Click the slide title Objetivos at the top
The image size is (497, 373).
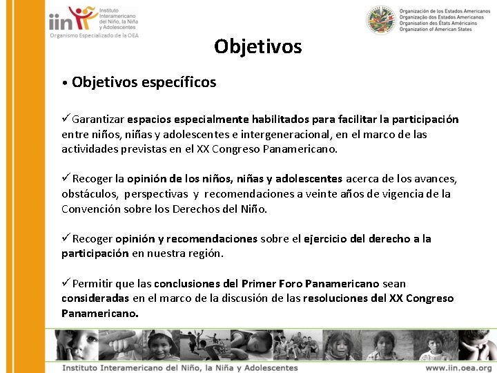pyautogui.click(x=257, y=47)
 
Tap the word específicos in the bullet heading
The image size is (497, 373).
pyautogui.click(x=178, y=83)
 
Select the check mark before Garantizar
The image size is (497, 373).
pyautogui.click(x=66, y=119)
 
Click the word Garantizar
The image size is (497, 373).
pyautogui.click(x=99, y=119)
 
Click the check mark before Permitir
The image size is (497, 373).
pyautogui.click(x=66, y=283)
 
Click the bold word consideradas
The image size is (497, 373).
pyautogui.click(x=95, y=298)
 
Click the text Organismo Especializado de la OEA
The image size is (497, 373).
pyautogui.click(x=94, y=36)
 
